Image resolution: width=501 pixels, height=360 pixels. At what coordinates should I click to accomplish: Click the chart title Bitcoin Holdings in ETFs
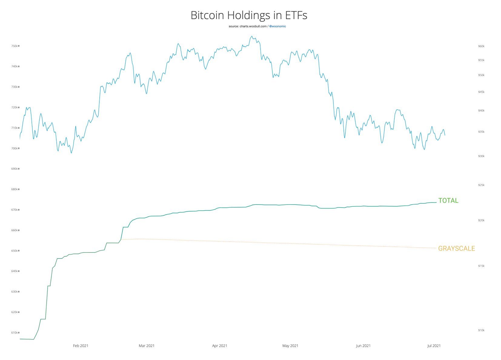point(249,15)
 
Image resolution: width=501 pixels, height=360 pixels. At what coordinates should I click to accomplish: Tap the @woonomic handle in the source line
point(277,26)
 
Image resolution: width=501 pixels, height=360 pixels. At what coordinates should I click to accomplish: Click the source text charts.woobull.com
point(247,26)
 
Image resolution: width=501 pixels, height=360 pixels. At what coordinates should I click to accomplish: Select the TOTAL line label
point(448,201)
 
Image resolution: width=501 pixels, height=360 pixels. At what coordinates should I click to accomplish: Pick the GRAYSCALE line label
point(456,248)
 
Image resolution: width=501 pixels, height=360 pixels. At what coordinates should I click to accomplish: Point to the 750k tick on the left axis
point(15,46)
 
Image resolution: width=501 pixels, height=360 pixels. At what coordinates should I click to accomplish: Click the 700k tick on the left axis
point(15,148)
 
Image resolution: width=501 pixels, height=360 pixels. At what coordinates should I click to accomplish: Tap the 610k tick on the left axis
point(15,333)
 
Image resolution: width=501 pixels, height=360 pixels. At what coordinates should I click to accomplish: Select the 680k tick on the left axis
point(15,189)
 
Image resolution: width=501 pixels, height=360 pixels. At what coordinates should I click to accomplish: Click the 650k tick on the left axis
point(15,251)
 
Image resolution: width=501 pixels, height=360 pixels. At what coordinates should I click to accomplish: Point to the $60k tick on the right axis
point(481,46)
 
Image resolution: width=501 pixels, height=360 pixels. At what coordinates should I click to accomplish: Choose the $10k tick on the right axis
point(481,330)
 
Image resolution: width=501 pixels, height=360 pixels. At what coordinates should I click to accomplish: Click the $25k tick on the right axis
point(481,185)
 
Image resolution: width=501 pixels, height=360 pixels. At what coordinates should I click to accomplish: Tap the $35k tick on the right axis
point(481,132)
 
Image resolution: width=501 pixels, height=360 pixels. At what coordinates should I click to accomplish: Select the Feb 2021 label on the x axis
point(81,346)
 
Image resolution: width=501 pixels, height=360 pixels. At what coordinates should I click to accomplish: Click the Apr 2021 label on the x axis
point(219,346)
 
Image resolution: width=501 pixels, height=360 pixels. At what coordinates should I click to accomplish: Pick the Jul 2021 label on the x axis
point(434,346)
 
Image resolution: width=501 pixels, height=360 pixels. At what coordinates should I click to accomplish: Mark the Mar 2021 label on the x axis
point(146,346)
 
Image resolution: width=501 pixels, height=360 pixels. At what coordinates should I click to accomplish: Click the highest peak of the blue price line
point(252,36)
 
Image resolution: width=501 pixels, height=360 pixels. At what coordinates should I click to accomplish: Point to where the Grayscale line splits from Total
point(121,240)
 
